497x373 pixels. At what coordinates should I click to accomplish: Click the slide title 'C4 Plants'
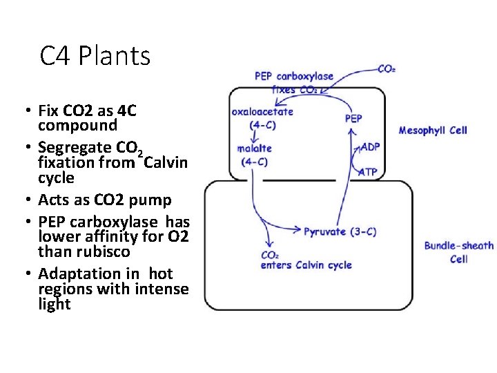[x=95, y=56]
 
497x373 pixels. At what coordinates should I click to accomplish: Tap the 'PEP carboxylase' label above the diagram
[x=293, y=76]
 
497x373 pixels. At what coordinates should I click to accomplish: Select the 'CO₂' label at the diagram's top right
[x=387, y=68]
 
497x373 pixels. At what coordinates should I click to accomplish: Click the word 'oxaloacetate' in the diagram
[x=262, y=112]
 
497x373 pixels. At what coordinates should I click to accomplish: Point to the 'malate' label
[x=254, y=149]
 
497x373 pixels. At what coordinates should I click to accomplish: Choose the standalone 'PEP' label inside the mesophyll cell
[x=353, y=119]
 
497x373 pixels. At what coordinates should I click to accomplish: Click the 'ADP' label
[x=370, y=147]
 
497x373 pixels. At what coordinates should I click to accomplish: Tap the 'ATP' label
[x=368, y=172]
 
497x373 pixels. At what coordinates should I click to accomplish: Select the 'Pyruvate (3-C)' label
[x=340, y=232]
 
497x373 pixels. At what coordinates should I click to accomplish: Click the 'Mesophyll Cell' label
[x=433, y=131]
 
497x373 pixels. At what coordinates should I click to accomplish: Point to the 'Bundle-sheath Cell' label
[x=458, y=252]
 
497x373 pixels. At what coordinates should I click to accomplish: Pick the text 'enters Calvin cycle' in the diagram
[x=306, y=265]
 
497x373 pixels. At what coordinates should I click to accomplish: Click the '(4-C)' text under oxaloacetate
[x=263, y=125]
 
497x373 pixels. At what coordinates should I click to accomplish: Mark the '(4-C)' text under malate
[x=254, y=162]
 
